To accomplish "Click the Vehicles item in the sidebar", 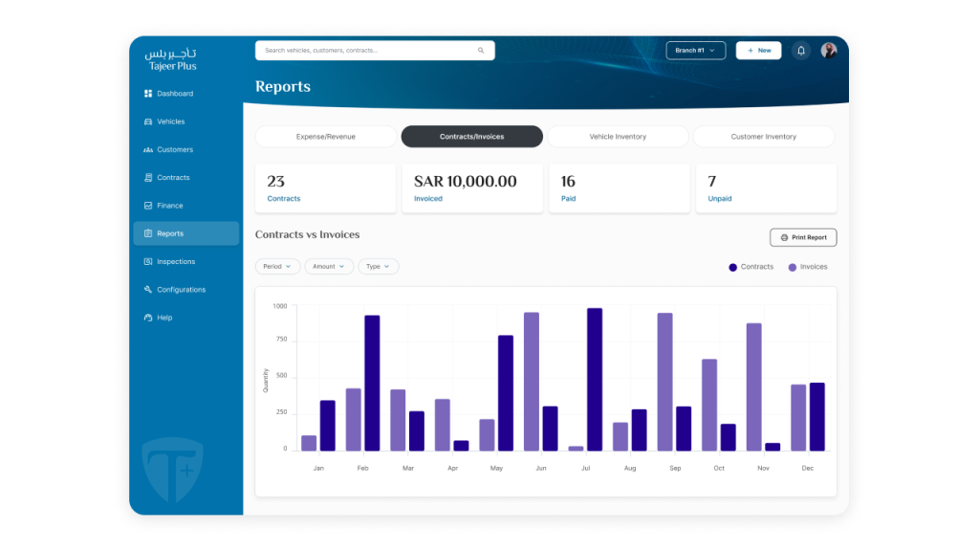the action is click(164, 121).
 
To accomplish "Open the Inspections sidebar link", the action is click(170, 262).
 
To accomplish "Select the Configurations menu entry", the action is click(175, 290).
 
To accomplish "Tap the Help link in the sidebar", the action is click(159, 318).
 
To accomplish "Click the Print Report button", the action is click(803, 237).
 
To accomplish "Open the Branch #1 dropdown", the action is click(696, 51).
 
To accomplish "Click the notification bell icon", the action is click(801, 51).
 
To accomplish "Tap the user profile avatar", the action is click(829, 51).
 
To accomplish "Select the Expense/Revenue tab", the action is click(325, 137).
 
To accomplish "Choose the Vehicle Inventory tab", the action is click(618, 137).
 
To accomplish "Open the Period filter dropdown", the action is click(277, 267).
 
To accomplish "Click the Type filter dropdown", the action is click(379, 267).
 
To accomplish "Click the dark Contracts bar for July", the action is click(595, 379).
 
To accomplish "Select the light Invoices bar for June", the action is click(532, 382).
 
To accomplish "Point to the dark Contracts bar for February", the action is click(372, 383).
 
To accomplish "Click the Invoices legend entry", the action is click(808, 267).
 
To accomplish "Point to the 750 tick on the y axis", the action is click(282, 340).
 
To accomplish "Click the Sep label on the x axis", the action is click(675, 468).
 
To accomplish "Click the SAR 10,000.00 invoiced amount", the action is click(466, 181).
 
